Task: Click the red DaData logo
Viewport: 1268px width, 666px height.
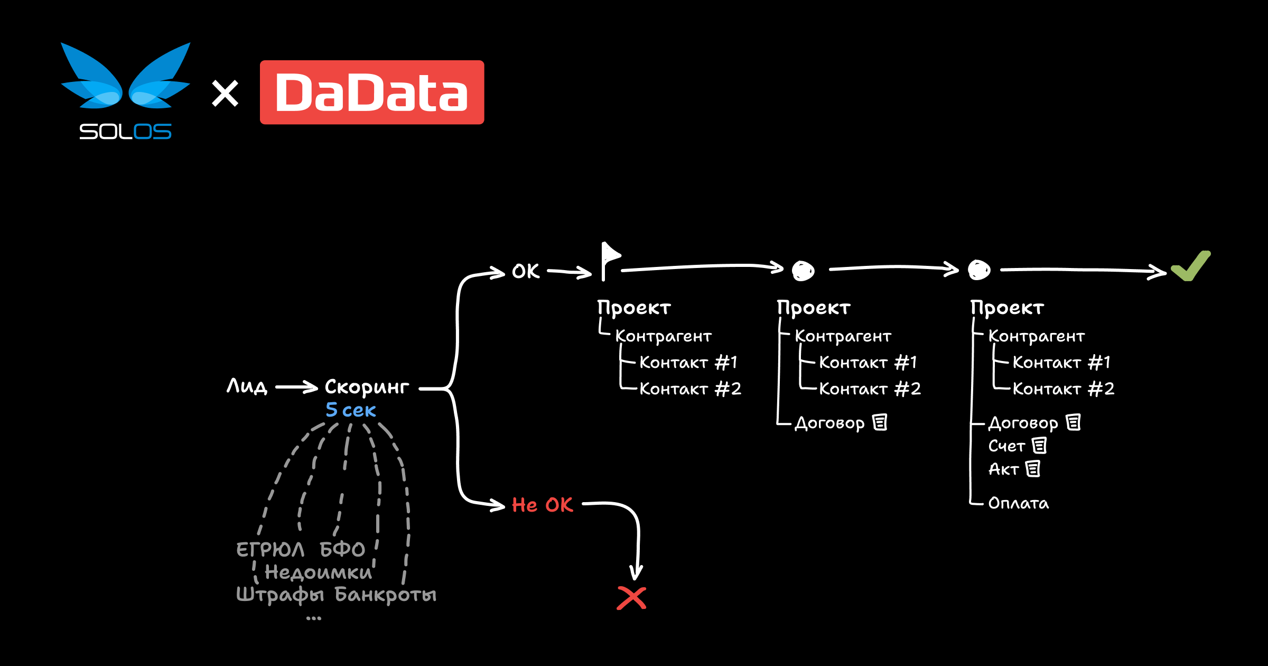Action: click(x=371, y=92)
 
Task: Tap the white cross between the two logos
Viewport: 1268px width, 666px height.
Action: click(x=225, y=94)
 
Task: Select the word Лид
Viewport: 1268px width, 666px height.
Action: click(x=247, y=386)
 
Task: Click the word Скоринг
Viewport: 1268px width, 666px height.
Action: click(x=367, y=387)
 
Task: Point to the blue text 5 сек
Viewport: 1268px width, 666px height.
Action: click(x=350, y=410)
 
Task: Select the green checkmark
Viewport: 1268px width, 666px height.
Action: click(x=1191, y=266)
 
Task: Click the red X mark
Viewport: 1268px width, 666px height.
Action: click(x=631, y=598)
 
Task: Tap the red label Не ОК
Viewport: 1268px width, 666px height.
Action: click(x=542, y=505)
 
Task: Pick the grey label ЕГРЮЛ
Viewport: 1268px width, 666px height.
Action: click(x=270, y=550)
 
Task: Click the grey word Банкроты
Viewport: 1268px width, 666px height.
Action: click(x=386, y=595)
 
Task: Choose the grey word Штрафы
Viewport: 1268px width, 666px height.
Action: click(x=280, y=595)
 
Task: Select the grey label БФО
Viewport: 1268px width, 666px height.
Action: click(x=342, y=550)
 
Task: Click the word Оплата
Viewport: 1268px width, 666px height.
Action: click(x=1019, y=503)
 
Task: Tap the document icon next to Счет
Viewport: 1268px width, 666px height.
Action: click(x=1039, y=446)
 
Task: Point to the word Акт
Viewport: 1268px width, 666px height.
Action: click(x=1003, y=469)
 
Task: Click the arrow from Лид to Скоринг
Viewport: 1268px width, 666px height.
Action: click(x=296, y=387)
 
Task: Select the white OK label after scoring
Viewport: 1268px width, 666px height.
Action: click(x=526, y=271)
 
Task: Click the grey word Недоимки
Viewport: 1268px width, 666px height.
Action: click(x=318, y=572)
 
